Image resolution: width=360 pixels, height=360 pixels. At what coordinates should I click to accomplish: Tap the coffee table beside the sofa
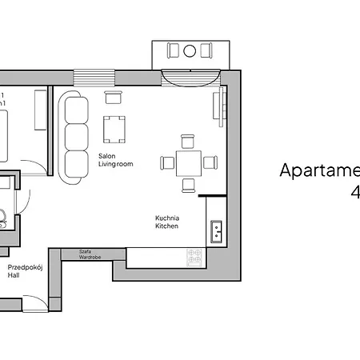114,128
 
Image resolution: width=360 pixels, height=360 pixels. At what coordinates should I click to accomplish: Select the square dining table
188,163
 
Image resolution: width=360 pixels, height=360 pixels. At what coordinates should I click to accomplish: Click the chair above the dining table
188,142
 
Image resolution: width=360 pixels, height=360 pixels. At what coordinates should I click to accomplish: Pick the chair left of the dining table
167,163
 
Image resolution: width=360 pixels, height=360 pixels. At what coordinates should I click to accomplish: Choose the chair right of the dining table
210,163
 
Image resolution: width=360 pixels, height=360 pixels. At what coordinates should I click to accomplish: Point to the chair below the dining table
188,185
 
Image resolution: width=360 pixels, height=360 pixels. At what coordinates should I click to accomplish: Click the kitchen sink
216,232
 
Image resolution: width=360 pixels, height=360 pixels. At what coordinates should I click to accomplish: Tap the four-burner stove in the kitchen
195,257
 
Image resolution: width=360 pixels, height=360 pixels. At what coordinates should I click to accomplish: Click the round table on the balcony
190,51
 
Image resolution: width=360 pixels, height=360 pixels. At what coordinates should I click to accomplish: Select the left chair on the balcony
174,51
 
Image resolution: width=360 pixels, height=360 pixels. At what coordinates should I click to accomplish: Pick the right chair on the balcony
206,51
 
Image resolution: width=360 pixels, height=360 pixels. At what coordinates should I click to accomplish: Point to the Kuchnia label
166,218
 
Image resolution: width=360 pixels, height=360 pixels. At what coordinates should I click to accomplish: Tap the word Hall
14,274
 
